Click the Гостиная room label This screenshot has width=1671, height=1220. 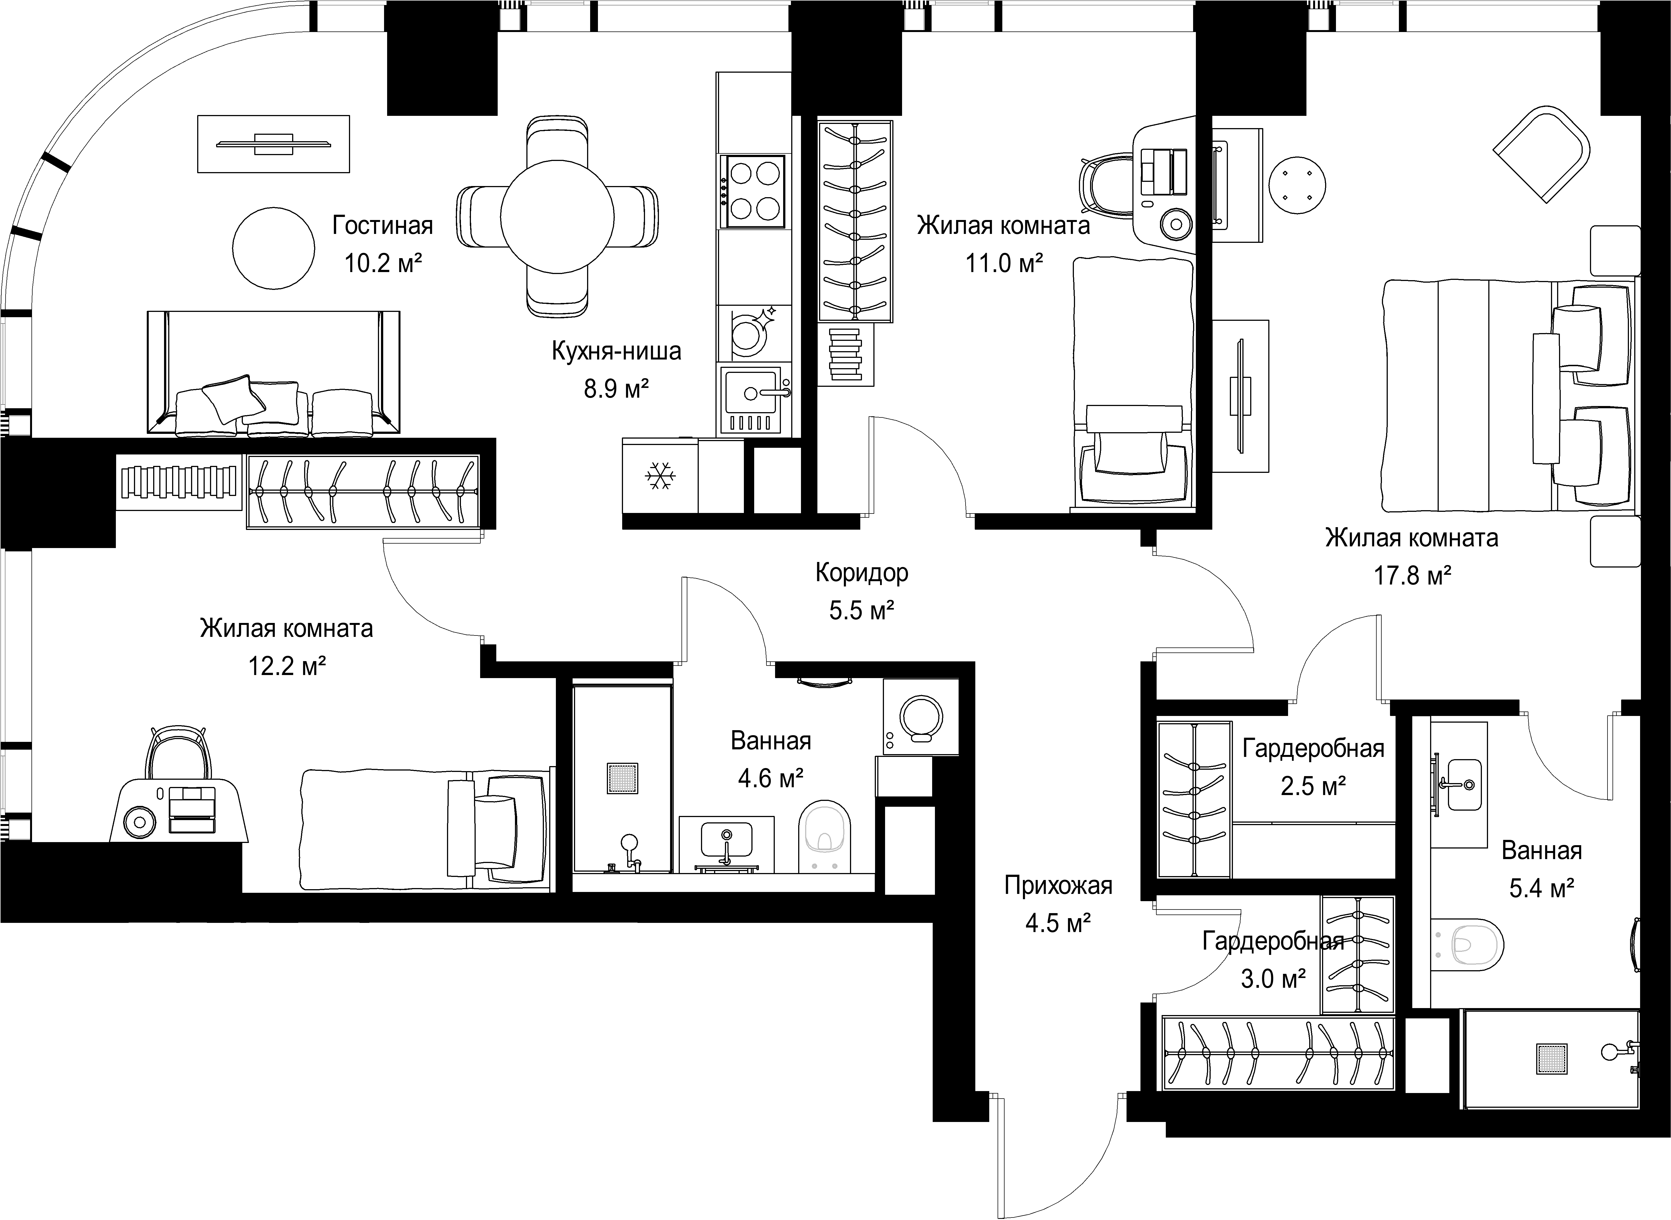coord(382,225)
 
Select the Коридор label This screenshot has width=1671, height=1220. coord(862,573)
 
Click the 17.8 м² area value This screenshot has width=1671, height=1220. coord(1412,575)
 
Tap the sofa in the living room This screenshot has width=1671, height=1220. coord(273,373)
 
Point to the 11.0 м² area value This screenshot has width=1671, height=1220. coord(1004,263)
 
